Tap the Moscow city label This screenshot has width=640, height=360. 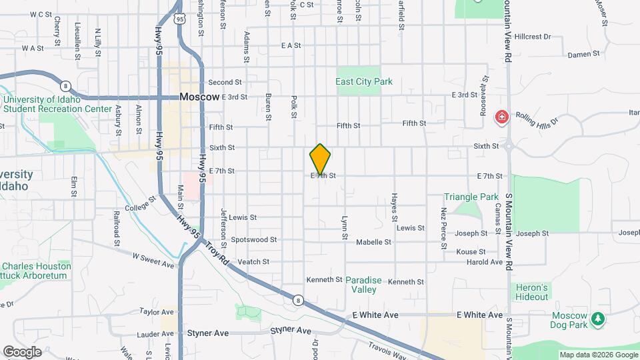199,97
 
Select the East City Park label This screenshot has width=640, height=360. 364,82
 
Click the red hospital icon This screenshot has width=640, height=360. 500,118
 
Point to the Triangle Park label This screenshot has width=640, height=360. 471,197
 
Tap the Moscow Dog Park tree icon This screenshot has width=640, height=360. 599,319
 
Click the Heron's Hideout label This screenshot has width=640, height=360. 531,292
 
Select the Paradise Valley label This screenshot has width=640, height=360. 364,285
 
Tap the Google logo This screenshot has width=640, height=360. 22,352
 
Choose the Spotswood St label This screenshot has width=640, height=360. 253,239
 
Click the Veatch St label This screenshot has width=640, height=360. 253,262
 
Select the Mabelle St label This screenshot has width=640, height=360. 373,242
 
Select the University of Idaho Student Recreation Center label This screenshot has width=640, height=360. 57,104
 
